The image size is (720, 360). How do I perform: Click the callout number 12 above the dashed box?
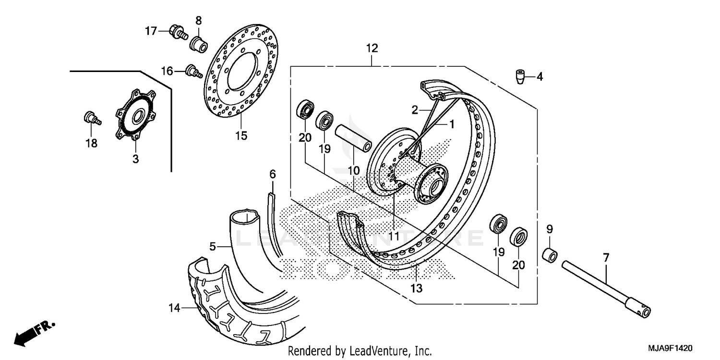(372, 48)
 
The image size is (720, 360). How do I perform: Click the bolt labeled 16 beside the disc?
(192, 71)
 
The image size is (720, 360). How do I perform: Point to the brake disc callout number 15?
(241, 136)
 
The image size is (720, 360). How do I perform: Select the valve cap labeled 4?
(519, 76)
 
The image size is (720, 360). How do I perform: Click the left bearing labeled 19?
(325, 120)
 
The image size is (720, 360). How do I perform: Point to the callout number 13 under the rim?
(416, 288)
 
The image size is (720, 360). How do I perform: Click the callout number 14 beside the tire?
(175, 308)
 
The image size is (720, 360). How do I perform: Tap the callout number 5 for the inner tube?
(213, 247)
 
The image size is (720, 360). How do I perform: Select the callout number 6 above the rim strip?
(273, 174)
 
